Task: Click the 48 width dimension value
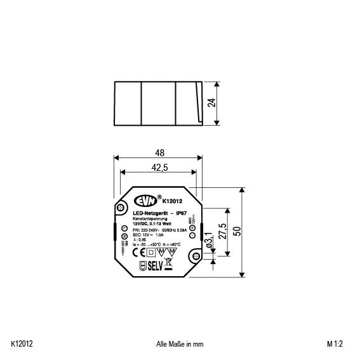[159, 153]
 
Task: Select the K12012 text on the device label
[172, 201]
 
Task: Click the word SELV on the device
[156, 267]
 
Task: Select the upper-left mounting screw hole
[121, 207]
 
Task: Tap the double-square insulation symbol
[150, 252]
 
